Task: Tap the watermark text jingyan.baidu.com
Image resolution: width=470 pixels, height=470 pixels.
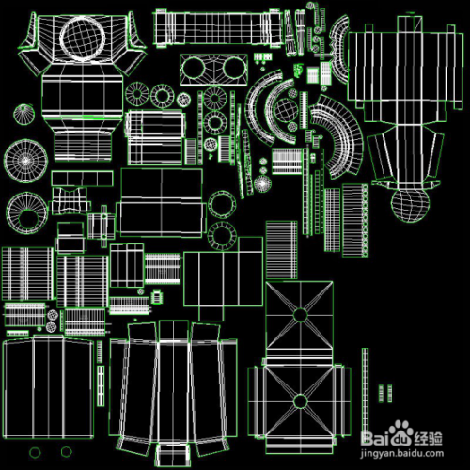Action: pyautogui.click(x=402, y=453)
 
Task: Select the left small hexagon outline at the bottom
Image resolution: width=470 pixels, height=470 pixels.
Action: pyautogui.click(x=35, y=452)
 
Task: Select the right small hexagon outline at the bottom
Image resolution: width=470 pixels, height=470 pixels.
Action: pyautogui.click(x=66, y=452)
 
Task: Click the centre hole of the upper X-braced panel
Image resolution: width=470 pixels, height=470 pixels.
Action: pyautogui.click(x=300, y=315)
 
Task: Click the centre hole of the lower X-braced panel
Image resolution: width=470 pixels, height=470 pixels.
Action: pyautogui.click(x=300, y=401)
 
